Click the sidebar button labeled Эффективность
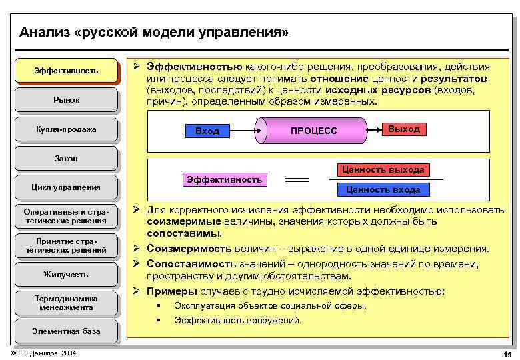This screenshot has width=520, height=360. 66,70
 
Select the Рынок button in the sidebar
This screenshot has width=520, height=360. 66,99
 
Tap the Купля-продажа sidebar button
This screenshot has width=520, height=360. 66,129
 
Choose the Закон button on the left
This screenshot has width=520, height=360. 66,158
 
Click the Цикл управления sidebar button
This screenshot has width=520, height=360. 66,187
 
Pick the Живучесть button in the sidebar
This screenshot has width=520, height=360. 66,274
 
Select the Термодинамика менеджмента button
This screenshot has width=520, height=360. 66,303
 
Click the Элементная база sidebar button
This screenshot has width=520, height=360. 66,331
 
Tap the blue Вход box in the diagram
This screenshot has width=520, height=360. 207,131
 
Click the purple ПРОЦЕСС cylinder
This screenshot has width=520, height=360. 313,131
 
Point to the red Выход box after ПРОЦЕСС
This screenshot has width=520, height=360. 403,129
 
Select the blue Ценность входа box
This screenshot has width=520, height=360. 383,189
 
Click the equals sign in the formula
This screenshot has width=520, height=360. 297,180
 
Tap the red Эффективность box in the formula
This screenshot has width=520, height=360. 224,179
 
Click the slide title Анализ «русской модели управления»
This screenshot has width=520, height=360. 154,32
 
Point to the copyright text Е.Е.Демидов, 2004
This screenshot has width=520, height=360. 43,353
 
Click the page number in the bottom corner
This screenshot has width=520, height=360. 507,353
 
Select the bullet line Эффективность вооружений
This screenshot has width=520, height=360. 238,320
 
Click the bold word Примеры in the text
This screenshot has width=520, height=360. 172,291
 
